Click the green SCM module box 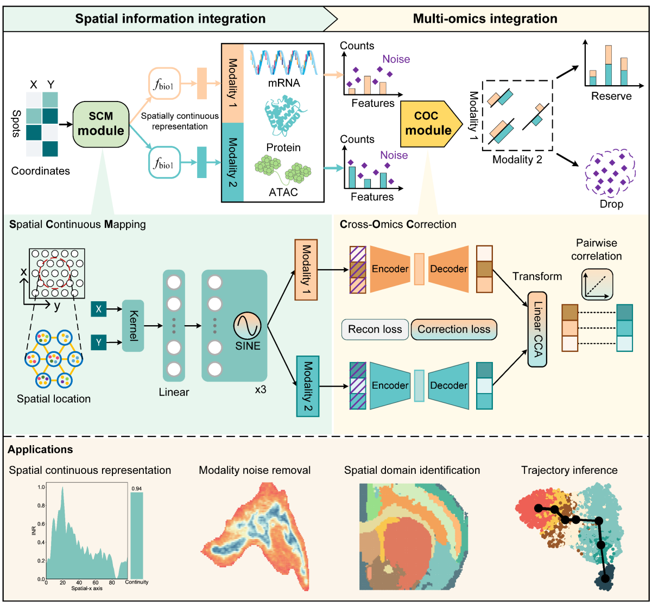point(101,124)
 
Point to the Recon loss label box point(375,329)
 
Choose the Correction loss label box point(454,329)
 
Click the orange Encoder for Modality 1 point(389,269)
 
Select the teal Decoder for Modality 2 point(449,385)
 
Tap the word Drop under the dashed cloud point(612,205)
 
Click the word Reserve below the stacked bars point(612,96)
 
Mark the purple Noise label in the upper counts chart point(396,59)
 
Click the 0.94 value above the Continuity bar point(137,488)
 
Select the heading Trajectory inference point(569,470)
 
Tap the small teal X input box point(99,309)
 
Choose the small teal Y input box point(99,343)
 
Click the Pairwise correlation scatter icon point(597,284)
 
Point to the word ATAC point(283,192)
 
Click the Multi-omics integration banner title point(485,18)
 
